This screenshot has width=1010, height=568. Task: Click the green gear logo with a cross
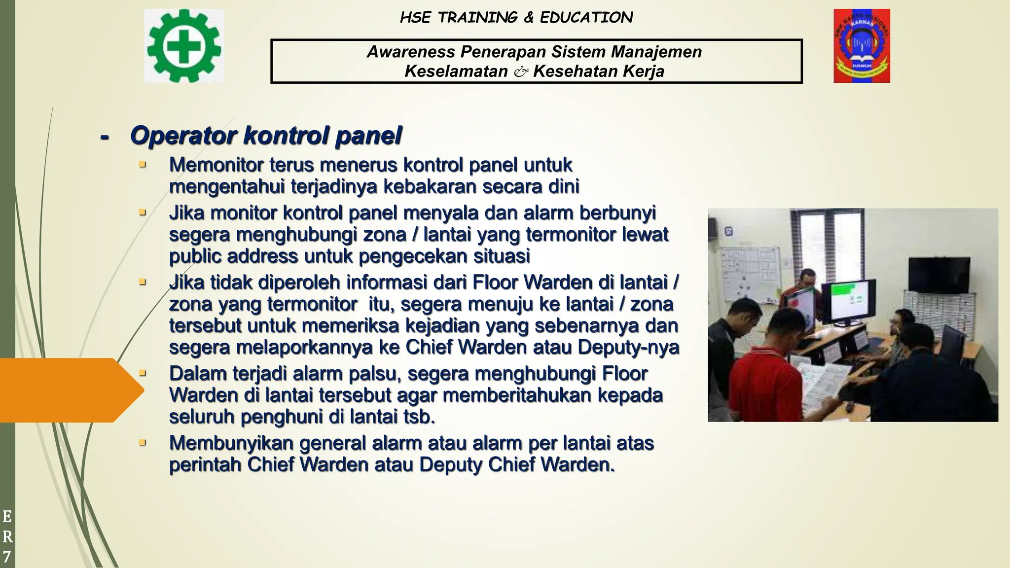pyautogui.click(x=183, y=46)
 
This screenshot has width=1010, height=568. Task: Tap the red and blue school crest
pyautogui.click(x=862, y=46)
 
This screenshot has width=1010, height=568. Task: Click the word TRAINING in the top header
pyautogui.click(x=478, y=18)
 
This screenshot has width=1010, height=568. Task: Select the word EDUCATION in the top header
pyautogui.click(x=586, y=18)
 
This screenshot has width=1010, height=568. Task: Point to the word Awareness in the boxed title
pyautogui.click(x=411, y=52)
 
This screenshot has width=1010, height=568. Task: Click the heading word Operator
pyautogui.click(x=183, y=136)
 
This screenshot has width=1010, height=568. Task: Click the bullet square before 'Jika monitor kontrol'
pyautogui.click(x=143, y=213)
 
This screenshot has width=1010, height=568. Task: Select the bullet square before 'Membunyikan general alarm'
pyautogui.click(x=143, y=443)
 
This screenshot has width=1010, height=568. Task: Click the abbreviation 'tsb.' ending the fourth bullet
pyautogui.click(x=419, y=417)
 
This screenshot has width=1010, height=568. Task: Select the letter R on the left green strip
pyautogui.click(x=7, y=536)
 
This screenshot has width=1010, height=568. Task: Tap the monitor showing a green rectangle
pyautogui.click(x=848, y=300)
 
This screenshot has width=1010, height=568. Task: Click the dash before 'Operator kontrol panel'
pyautogui.click(x=105, y=137)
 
